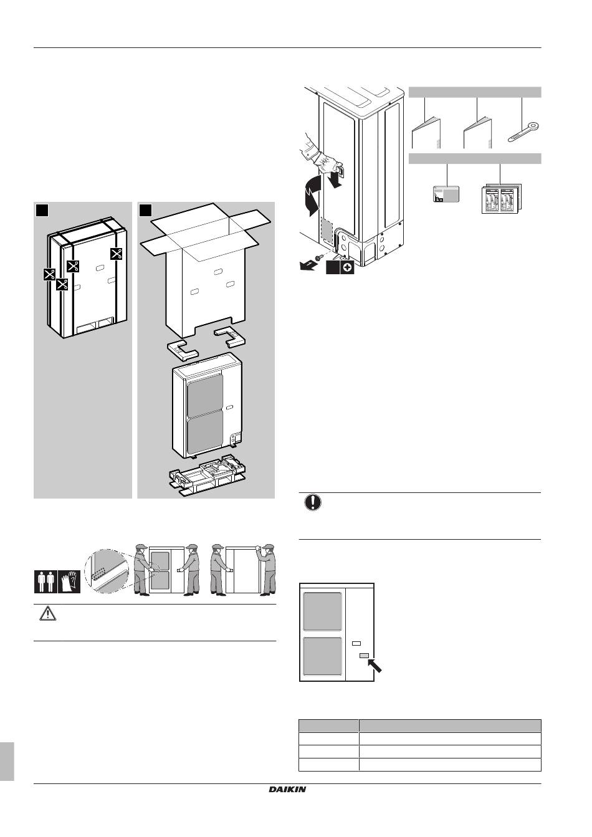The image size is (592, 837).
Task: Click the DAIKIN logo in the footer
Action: [287, 790]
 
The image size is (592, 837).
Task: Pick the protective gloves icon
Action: [70, 581]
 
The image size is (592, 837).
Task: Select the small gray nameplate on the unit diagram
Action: [365, 655]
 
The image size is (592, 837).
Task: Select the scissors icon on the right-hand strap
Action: [116, 254]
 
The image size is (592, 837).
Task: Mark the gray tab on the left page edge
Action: [7, 760]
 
